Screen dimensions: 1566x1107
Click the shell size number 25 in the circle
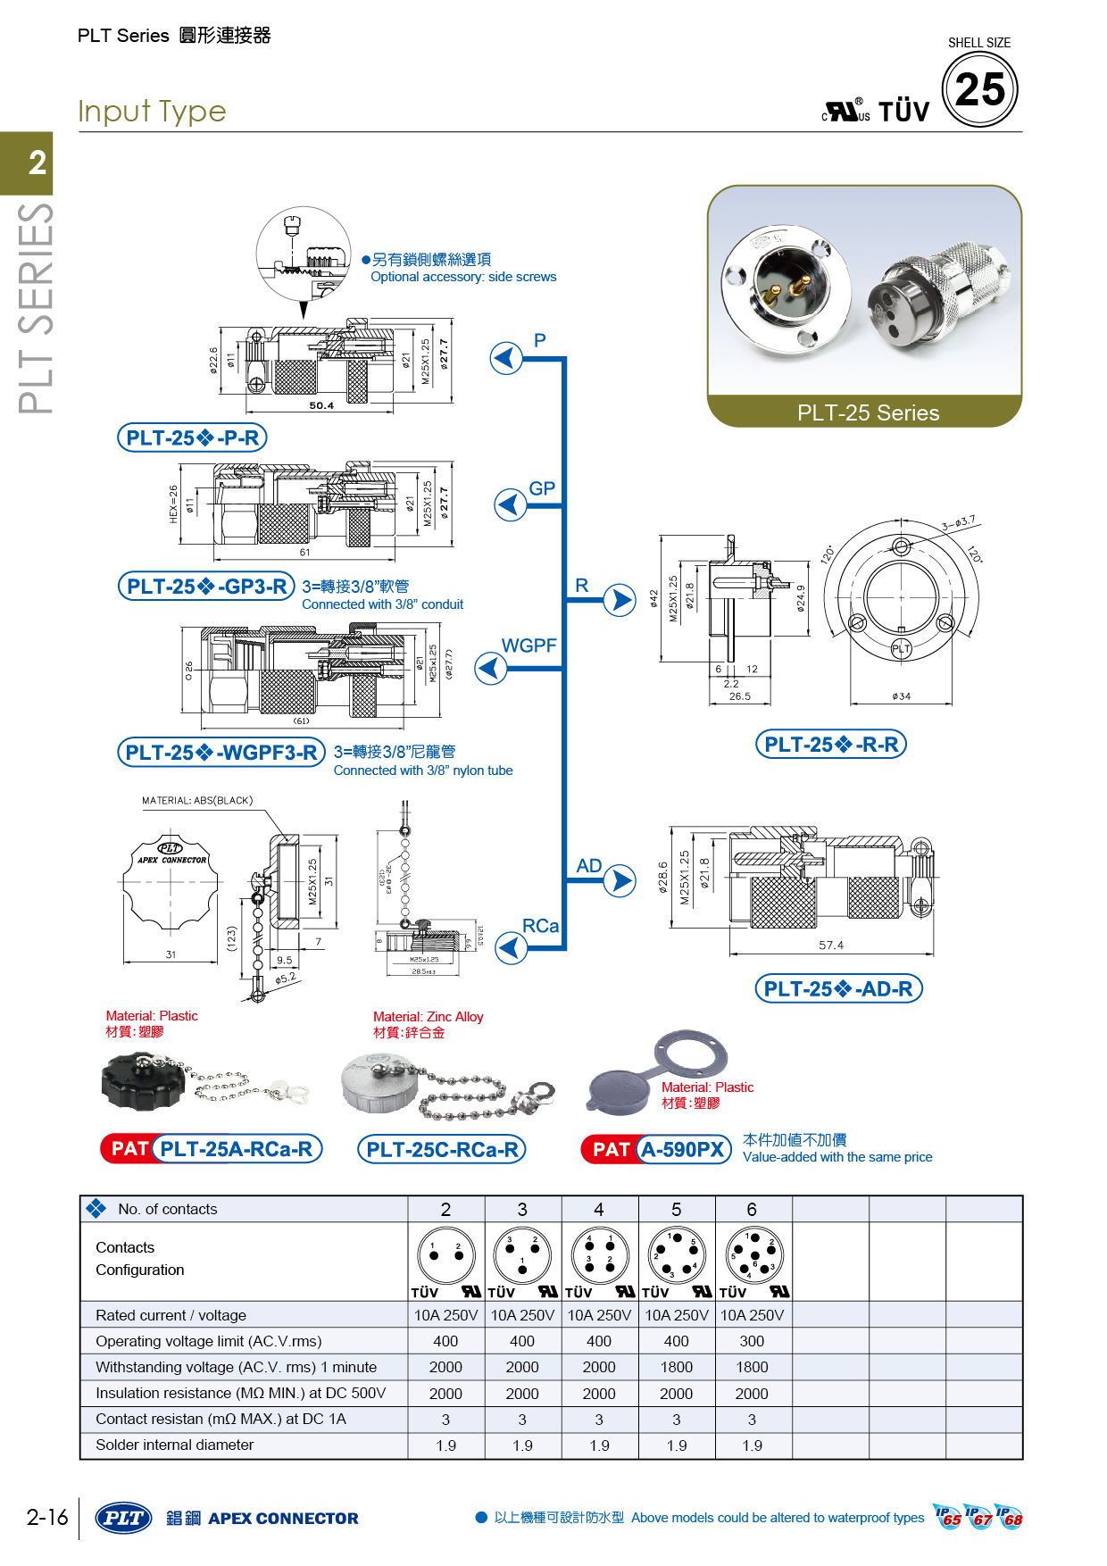pos(979,89)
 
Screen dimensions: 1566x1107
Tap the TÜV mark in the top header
pos(903,112)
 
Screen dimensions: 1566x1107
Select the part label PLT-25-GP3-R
pos(206,586)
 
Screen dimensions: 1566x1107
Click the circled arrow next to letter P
pos(506,358)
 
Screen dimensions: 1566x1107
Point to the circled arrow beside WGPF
pos(490,668)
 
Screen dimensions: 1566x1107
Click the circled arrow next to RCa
pos(511,947)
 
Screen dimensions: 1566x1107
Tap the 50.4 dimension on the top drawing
pos(321,405)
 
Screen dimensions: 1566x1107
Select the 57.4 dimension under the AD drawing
pos(830,945)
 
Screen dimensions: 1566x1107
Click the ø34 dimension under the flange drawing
pos(901,696)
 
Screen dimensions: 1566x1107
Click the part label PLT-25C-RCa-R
pos(442,1149)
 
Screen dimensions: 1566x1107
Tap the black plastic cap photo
pos(144,1081)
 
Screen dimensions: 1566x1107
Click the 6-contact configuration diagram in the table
pos(753,1254)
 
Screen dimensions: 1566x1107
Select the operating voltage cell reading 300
pos(752,1341)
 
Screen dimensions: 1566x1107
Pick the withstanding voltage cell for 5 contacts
pos(676,1367)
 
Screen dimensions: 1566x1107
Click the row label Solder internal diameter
pos(175,1445)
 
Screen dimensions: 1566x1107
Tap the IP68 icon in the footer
pos(1010,1517)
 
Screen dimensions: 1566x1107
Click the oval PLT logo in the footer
pos(123,1518)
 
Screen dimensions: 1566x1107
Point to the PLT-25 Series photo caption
pos(868,412)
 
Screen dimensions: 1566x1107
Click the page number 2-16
pos(47,1517)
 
